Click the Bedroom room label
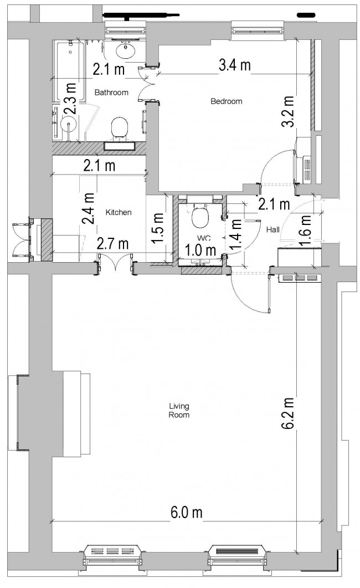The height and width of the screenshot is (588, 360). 227,101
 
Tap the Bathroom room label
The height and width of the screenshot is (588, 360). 111,92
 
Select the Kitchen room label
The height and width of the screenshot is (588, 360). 118,212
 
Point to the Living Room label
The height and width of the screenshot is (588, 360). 179,410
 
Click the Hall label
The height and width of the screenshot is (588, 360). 272,229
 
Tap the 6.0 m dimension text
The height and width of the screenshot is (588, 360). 186,513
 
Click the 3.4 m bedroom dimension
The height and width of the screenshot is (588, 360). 234,65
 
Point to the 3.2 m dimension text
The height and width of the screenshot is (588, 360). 287,113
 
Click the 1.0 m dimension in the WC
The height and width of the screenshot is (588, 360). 200,250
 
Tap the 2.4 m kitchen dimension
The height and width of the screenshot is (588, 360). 88,208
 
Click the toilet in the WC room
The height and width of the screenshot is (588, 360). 199,218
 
